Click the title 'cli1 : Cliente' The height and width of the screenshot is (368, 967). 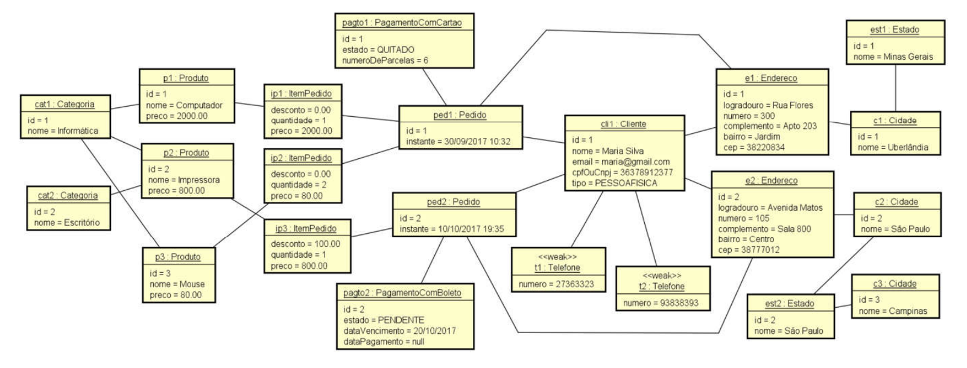[x=623, y=124]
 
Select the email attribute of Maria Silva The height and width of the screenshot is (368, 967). [x=621, y=162]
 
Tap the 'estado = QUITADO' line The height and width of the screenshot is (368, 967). [x=378, y=49]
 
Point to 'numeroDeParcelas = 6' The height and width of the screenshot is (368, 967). [x=385, y=60]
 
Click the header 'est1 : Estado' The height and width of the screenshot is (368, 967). [x=895, y=30]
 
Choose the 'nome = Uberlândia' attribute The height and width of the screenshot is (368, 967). [x=893, y=148]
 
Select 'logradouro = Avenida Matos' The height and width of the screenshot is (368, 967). [x=770, y=208]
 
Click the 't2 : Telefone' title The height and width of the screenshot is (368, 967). [x=662, y=287]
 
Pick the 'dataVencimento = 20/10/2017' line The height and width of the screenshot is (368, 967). [x=399, y=331]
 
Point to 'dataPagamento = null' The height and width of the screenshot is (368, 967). [x=383, y=341]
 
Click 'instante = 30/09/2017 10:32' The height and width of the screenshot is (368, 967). [x=458, y=142]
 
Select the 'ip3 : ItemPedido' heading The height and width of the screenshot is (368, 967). [x=306, y=228]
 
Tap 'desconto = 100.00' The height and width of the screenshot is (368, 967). [x=305, y=244]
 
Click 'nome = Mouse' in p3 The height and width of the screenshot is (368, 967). [x=177, y=284]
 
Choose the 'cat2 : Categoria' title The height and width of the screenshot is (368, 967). [x=68, y=196]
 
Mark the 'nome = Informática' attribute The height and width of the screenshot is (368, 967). [x=63, y=131]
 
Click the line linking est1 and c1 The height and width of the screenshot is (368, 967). [x=895, y=88]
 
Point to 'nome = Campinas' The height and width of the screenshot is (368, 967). [x=893, y=311]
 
